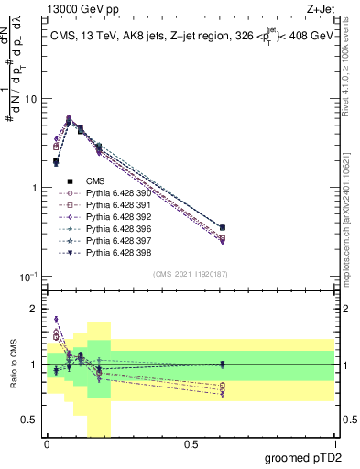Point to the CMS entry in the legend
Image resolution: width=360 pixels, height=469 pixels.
pyautogui.click(x=95, y=180)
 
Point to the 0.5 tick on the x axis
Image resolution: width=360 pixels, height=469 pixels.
pyautogui.click(x=191, y=444)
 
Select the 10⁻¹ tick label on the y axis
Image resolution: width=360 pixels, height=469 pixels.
pyautogui.click(x=27, y=277)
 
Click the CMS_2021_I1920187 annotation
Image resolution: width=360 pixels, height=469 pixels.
pyautogui.click(x=191, y=273)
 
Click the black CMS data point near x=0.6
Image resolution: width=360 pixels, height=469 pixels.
pyautogui.click(x=223, y=227)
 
